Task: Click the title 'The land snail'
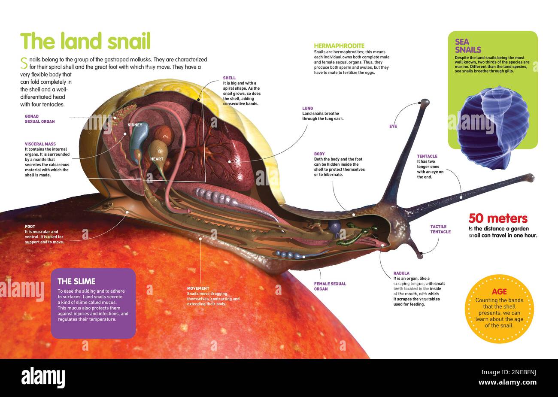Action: point(85,41)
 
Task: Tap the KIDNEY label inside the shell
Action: point(135,125)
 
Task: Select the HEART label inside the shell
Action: point(157,159)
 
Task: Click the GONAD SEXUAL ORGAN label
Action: point(40,119)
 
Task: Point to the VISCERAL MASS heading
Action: point(40,144)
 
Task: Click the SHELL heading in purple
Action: point(229,78)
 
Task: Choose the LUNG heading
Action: point(307,109)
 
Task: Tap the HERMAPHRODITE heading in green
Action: point(339,46)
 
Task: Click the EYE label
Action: point(393,127)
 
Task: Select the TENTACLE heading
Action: point(427,156)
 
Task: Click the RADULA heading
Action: point(401,273)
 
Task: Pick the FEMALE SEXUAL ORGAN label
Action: point(330,286)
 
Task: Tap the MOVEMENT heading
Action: point(198,288)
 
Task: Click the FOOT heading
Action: point(30,227)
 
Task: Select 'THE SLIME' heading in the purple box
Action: point(76,282)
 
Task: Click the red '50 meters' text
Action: point(498,218)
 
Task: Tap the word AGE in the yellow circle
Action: point(499,291)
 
